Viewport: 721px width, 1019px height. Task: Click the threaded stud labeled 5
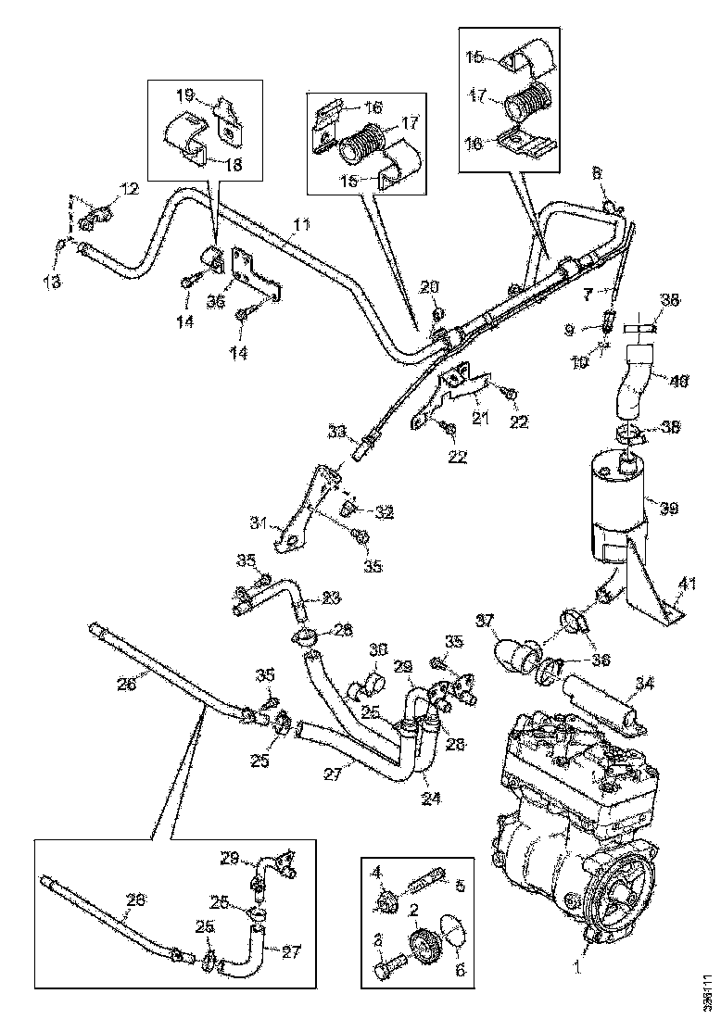coord(434,875)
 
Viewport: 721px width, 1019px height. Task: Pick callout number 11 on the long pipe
coord(301,225)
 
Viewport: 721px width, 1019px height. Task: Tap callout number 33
coord(336,431)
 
